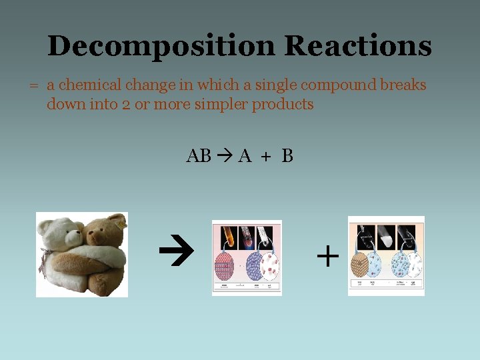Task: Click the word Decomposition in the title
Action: [161, 47]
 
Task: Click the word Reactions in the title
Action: [357, 47]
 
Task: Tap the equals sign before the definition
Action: [31, 86]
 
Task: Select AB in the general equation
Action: [199, 156]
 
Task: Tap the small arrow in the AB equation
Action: [225, 156]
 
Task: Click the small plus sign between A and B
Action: [266, 157]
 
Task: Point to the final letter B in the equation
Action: [287, 156]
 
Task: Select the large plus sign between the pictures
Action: [327, 255]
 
